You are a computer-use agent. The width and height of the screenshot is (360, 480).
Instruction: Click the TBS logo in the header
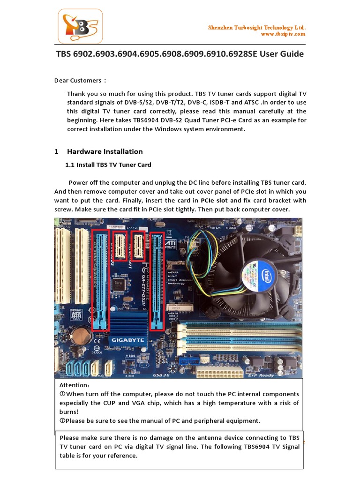click(80, 28)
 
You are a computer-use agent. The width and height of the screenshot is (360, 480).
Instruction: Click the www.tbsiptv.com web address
click(283, 34)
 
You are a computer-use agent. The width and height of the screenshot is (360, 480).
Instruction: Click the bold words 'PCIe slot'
click(214, 200)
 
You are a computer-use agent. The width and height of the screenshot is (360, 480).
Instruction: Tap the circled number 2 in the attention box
click(62, 420)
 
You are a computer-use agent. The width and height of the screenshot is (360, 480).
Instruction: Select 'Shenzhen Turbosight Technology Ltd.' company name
click(257, 28)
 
